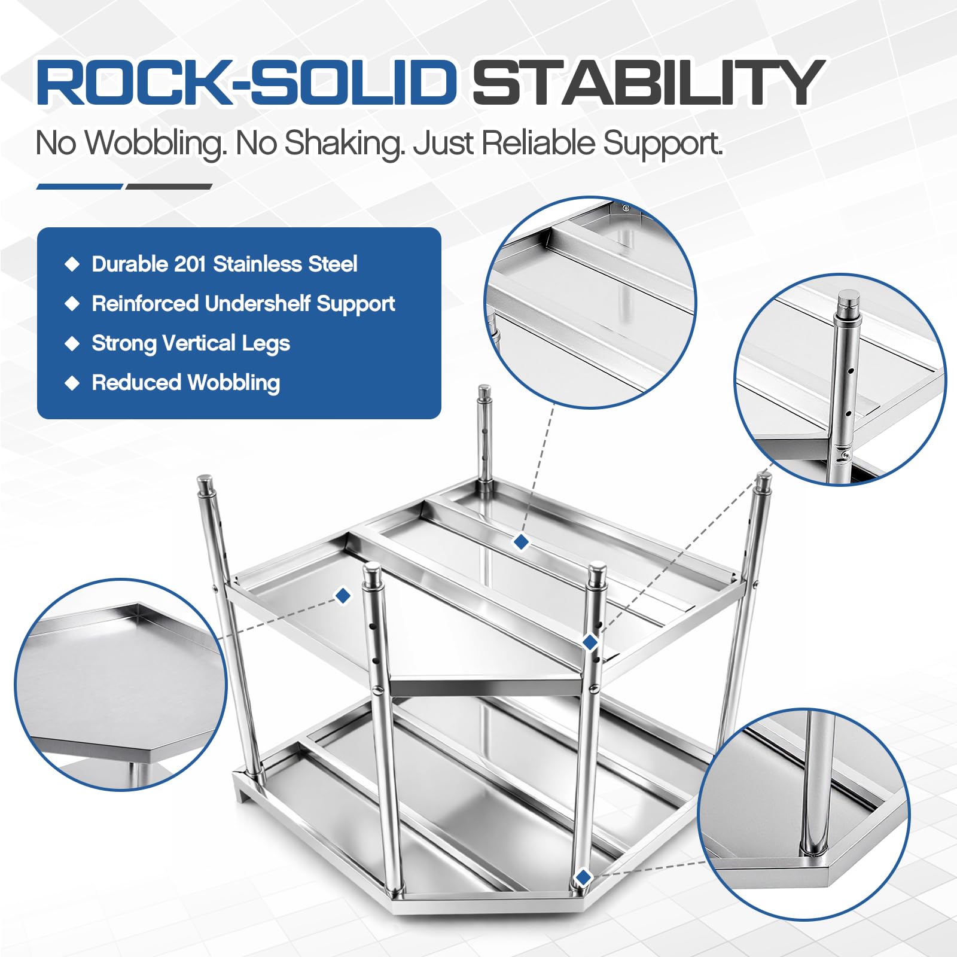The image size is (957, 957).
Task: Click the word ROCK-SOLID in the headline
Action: (x=246, y=82)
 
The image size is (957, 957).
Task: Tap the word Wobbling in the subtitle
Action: (x=156, y=144)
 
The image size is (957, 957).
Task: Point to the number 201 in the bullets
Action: (x=190, y=264)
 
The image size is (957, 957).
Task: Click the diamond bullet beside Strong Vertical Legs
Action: (x=72, y=343)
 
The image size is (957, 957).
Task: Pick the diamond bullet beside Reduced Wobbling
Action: (x=72, y=383)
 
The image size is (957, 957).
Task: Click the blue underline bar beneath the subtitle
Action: (x=80, y=187)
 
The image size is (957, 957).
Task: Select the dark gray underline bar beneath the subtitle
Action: (x=169, y=187)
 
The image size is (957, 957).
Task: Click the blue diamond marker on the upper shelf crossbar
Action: (x=521, y=542)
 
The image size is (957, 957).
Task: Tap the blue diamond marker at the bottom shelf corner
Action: (x=583, y=877)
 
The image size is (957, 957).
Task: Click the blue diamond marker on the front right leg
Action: (x=590, y=642)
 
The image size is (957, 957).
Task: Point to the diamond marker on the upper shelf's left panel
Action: (x=343, y=596)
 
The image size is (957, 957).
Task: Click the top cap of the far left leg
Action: (x=205, y=482)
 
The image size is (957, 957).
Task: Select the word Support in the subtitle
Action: (x=663, y=144)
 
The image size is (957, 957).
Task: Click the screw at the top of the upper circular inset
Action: (x=626, y=208)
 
